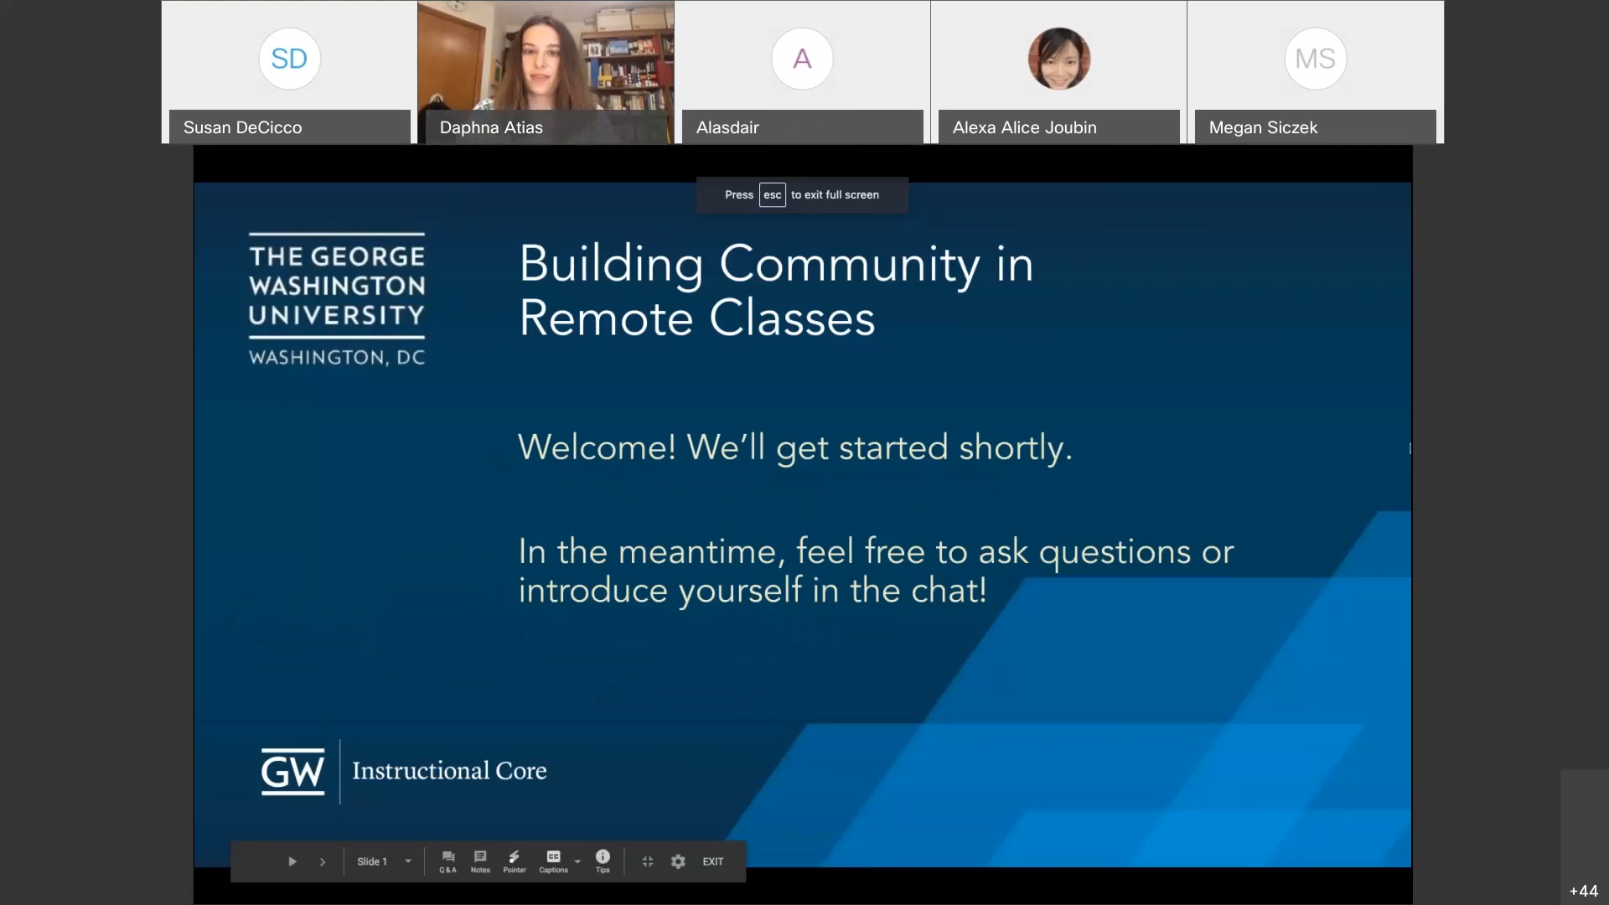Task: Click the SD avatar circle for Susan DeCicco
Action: click(289, 59)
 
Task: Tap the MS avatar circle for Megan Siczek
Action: click(1315, 59)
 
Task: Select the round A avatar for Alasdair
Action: click(802, 59)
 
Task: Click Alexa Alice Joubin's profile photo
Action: click(1059, 59)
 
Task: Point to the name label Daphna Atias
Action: click(491, 127)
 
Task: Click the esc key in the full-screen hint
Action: click(773, 194)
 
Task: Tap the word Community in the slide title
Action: click(849, 265)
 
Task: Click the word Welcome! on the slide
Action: click(597, 447)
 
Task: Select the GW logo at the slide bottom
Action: click(292, 771)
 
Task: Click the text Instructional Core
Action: click(449, 771)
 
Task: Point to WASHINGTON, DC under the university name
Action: click(337, 358)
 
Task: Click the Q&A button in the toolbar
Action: click(448, 861)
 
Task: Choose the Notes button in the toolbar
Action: click(480, 861)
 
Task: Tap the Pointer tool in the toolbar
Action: click(515, 861)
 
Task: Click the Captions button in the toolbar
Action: click(553, 861)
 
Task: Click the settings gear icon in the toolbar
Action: click(678, 861)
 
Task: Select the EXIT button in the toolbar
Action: click(713, 861)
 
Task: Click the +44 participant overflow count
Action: click(1584, 891)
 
